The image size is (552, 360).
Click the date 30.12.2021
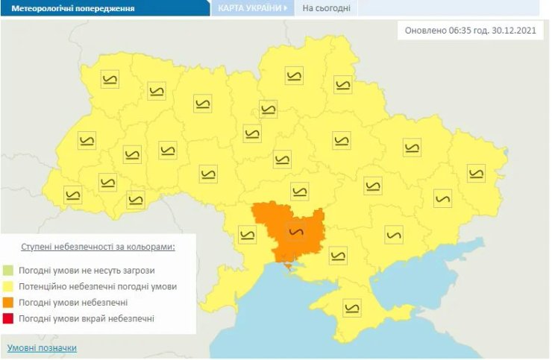(512, 31)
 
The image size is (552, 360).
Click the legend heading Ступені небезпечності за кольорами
(98, 247)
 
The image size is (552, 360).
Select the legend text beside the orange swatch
(75, 303)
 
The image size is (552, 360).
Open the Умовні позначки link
(42, 348)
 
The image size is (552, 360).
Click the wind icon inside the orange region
(296, 230)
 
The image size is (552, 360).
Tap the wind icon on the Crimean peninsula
(352, 306)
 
